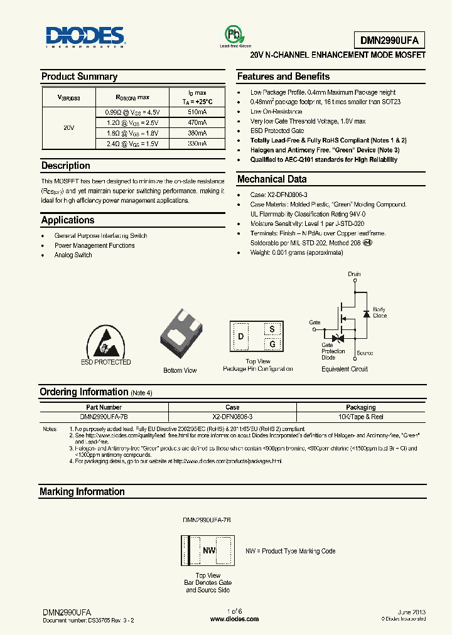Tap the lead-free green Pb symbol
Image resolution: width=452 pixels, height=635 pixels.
pyautogui.click(x=234, y=34)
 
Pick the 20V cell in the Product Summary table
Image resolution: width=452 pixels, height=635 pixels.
pyautogui.click(x=69, y=127)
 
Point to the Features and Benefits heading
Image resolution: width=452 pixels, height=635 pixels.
pyautogui.click(x=283, y=77)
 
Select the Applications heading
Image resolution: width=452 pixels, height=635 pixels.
pyautogui.click(x=68, y=220)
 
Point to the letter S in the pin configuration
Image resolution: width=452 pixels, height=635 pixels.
pyautogui.click(x=272, y=329)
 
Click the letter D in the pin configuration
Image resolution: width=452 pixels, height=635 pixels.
pyautogui.click(x=240, y=336)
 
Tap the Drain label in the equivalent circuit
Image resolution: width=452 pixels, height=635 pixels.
pyautogui.click(x=355, y=274)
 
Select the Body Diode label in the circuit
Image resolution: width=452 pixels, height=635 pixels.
pyautogui.click(x=380, y=312)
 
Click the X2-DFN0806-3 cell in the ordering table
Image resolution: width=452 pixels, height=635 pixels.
pyautogui.click(x=232, y=416)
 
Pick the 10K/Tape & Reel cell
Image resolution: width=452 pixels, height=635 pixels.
pyautogui.click(x=360, y=416)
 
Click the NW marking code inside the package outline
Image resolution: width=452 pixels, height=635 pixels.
pyautogui.click(x=208, y=551)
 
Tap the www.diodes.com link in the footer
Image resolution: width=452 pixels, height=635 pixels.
pyautogui.click(x=234, y=619)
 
